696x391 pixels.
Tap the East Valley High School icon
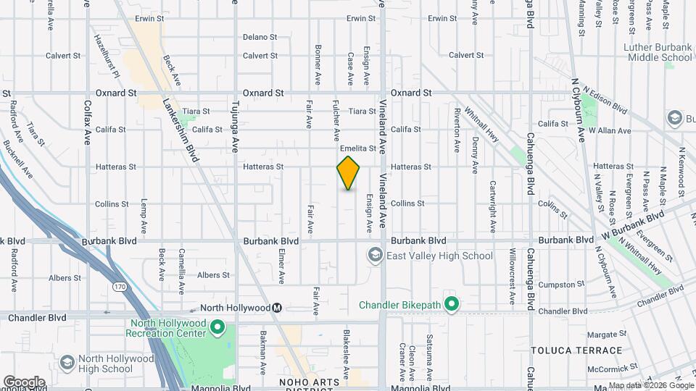pyautogui.click(x=375, y=255)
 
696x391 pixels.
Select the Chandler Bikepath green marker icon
pyautogui.click(x=451, y=305)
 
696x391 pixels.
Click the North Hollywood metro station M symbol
pyautogui.click(x=276, y=308)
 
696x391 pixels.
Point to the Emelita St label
pyautogui.click(x=363, y=148)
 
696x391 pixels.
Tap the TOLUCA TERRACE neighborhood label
pyautogui.click(x=563, y=350)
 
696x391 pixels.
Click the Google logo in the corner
pyautogui.click(x=24, y=382)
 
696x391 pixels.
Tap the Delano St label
pyautogui.click(x=260, y=37)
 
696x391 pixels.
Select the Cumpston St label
pyautogui.click(x=557, y=285)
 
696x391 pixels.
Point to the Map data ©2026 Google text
pyautogui.click(x=650, y=386)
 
